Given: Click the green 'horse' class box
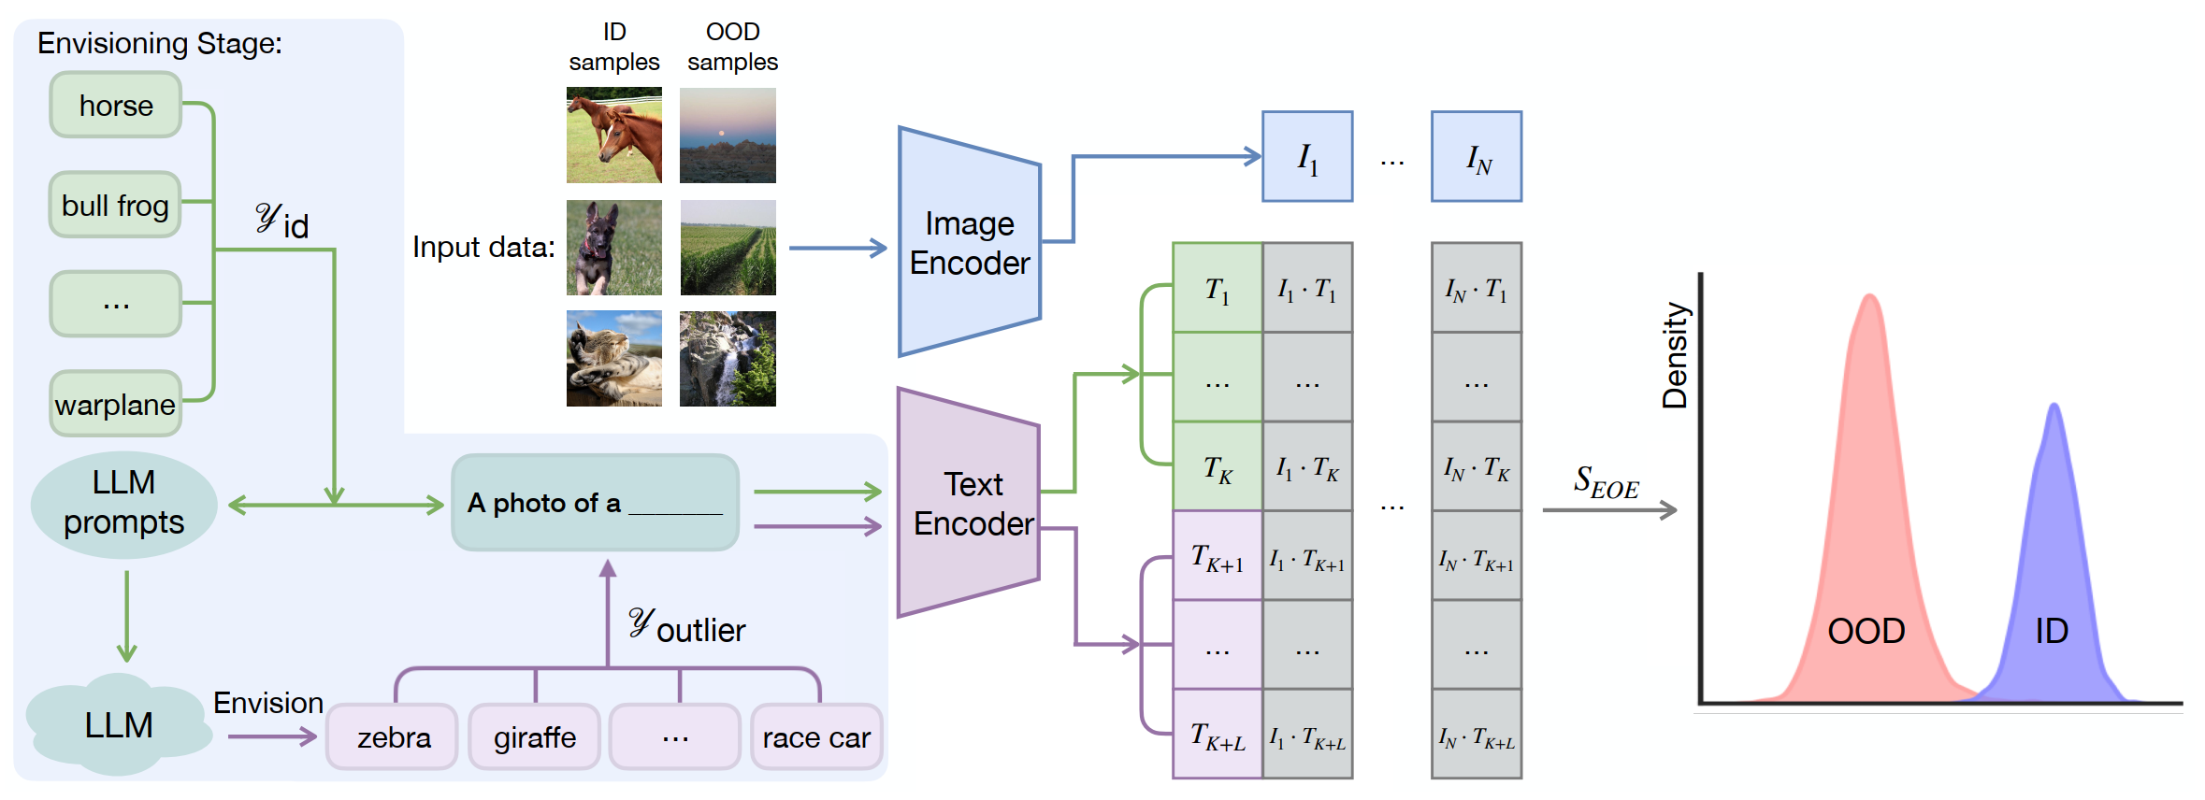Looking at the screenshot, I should click(115, 106).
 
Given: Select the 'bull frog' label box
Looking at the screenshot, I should click(115, 205).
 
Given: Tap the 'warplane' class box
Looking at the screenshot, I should click(115, 404).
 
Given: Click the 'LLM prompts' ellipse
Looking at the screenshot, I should click(123, 503).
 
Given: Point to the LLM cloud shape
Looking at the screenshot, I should click(118, 725).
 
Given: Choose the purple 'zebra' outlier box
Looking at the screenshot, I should click(393, 737).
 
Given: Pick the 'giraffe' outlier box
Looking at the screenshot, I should click(534, 737).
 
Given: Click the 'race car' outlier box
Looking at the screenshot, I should click(815, 737).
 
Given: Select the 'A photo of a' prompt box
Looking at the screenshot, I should click(595, 503).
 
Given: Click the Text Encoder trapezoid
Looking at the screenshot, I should click(969, 504).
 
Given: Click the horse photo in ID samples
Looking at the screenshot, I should click(613, 136).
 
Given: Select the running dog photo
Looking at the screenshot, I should click(613, 248).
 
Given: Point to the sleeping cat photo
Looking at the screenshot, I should click(613, 359).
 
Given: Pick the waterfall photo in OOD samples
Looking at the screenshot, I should click(728, 359).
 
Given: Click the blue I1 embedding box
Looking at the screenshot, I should click(1306, 157).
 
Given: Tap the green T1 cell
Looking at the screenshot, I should click(1217, 288).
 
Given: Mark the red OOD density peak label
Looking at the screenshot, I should click(1866, 631).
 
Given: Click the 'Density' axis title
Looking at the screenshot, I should click(1674, 355).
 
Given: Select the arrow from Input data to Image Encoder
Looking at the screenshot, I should click(837, 248).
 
